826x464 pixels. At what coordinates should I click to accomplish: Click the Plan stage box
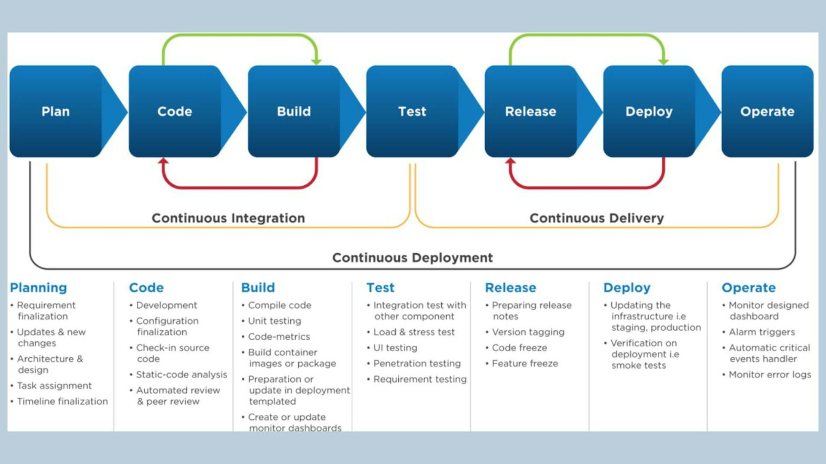coord(56,111)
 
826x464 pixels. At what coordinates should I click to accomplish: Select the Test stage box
coord(412,111)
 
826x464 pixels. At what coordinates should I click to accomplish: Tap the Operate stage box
coord(767,111)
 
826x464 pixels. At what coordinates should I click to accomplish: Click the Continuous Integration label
coord(228,218)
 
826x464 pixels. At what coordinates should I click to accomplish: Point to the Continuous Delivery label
coord(597,218)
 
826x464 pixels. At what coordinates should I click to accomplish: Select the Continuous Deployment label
coord(413,258)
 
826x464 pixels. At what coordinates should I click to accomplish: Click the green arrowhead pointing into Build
coord(317,62)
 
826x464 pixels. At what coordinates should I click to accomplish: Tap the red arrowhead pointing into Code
coord(163,161)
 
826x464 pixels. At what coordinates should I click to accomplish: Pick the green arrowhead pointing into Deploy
coord(664,62)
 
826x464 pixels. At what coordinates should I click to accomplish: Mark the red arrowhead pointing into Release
coord(510,161)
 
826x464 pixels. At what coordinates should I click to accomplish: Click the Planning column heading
coord(39,288)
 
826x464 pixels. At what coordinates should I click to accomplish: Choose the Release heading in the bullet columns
coord(511,288)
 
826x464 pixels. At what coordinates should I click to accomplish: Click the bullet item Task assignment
coord(54,386)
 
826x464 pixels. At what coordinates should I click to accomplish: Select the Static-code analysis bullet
coord(182,375)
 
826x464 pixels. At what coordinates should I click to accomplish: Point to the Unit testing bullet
coord(274,321)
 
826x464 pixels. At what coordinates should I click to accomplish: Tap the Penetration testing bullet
coord(417,364)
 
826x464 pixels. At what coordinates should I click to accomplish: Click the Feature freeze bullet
coord(525,364)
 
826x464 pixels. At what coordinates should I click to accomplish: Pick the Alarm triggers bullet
coord(762,332)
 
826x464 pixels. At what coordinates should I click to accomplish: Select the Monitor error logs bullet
coord(770,375)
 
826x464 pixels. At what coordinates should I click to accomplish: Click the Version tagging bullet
coord(528,332)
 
